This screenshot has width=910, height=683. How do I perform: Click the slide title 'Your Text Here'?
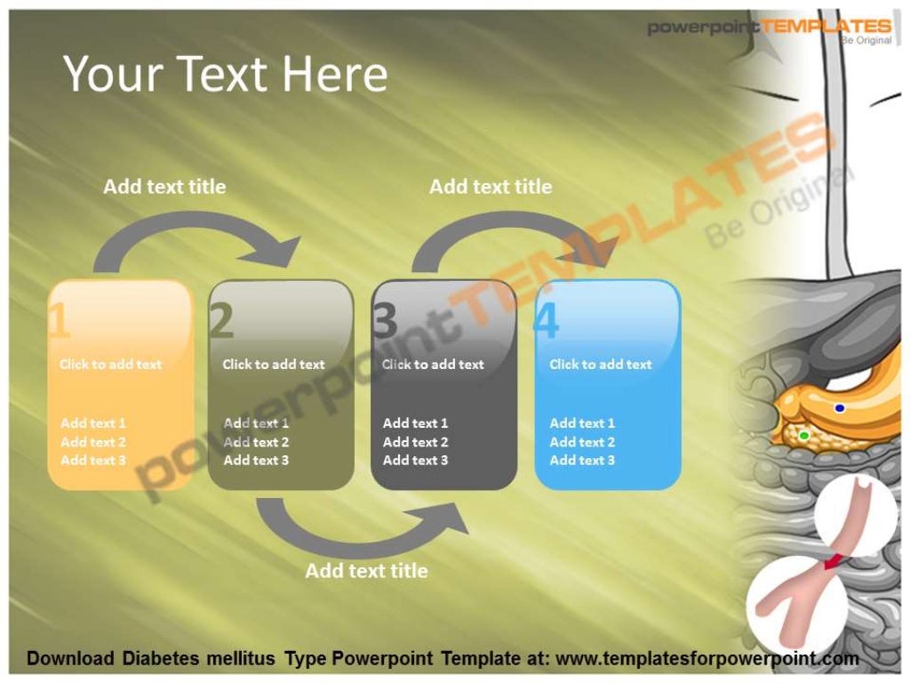click(225, 74)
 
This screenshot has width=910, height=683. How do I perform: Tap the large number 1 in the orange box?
click(59, 321)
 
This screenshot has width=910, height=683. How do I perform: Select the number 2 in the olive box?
click(221, 321)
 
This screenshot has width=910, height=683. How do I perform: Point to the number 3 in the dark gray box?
click(385, 321)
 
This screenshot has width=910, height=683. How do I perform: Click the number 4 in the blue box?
click(547, 321)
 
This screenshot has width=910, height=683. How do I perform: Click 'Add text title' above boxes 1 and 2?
click(164, 187)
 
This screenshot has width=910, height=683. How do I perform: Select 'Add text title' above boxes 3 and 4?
click(491, 187)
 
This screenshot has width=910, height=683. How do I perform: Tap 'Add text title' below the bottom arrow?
click(366, 571)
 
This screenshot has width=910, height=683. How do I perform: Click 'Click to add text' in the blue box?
click(600, 365)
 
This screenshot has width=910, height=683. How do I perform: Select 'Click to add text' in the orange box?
click(110, 365)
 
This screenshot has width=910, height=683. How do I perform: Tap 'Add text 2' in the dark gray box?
click(415, 442)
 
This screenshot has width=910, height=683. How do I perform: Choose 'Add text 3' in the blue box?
click(582, 461)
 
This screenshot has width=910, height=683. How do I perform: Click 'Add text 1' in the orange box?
click(93, 423)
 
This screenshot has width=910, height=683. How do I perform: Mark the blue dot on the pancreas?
click(840, 408)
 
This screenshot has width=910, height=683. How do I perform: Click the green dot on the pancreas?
click(803, 435)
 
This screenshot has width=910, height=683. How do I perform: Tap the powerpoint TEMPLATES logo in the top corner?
click(769, 28)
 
